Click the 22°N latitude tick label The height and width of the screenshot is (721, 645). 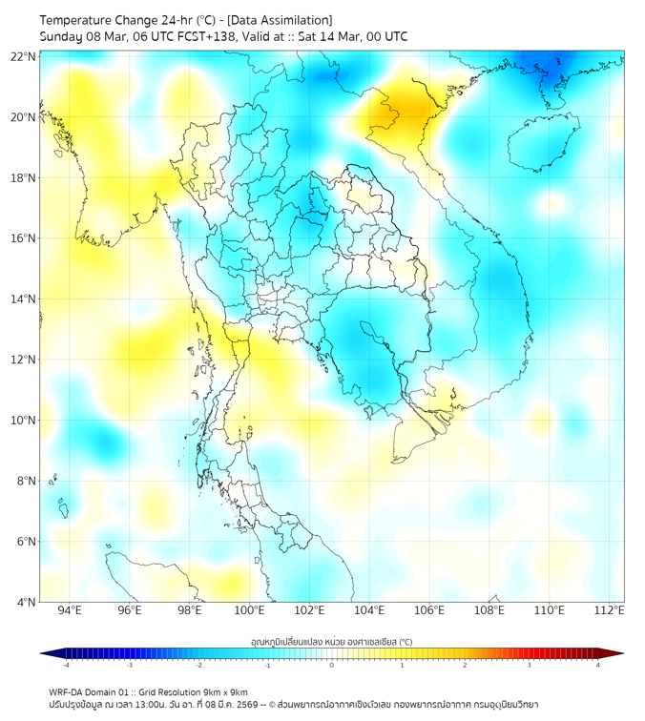[x=24, y=57]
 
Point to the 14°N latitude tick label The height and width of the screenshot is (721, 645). [x=24, y=299]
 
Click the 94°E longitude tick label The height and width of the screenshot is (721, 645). [x=70, y=610]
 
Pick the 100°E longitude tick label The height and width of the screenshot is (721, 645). [x=250, y=610]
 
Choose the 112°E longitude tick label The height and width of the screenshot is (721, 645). [x=610, y=610]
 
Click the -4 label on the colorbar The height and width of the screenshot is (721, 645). [x=66, y=666]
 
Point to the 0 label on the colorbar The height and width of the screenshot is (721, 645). [x=332, y=666]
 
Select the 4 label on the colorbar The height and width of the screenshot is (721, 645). [x=598, y=666]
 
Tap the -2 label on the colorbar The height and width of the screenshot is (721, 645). [x=198, y=666]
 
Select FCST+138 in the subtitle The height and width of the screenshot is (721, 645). [x=206, y=37]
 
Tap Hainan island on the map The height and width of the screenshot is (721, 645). [x=542, y=145]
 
